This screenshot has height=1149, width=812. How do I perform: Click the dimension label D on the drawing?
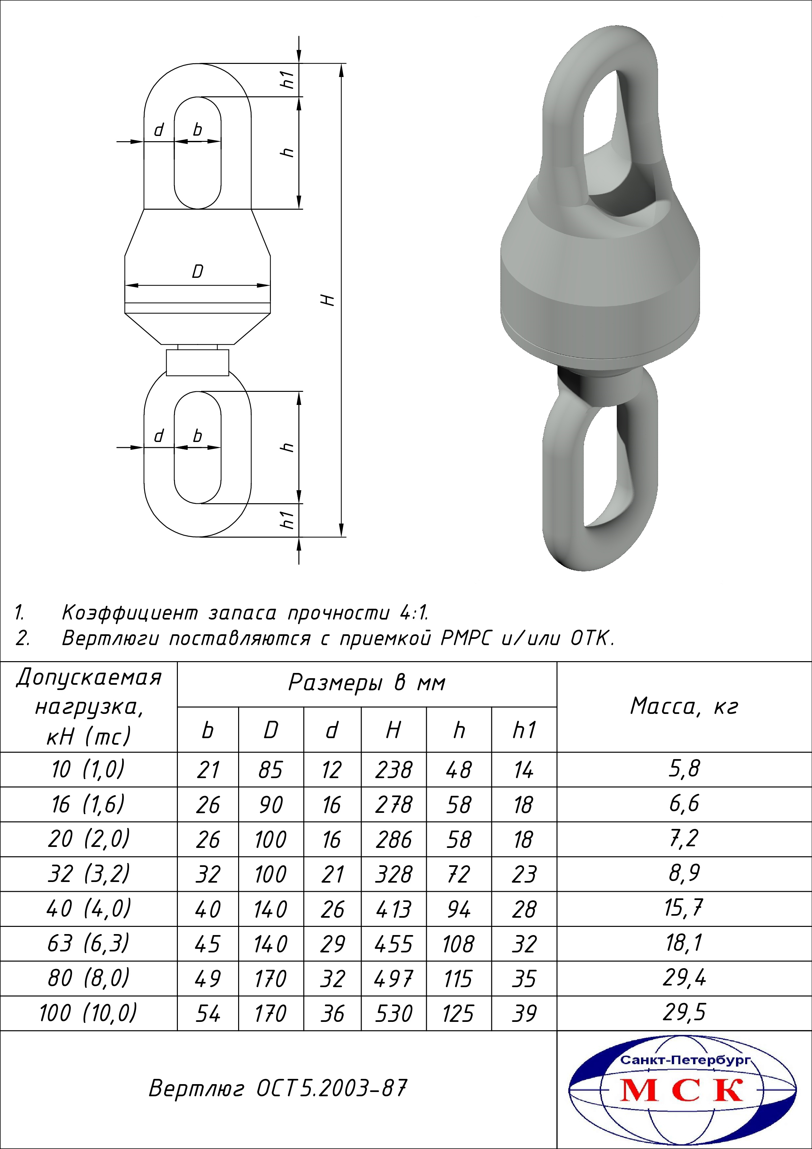198,272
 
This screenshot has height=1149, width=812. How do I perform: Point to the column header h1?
524,730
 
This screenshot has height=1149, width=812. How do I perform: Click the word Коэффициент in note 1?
130,613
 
